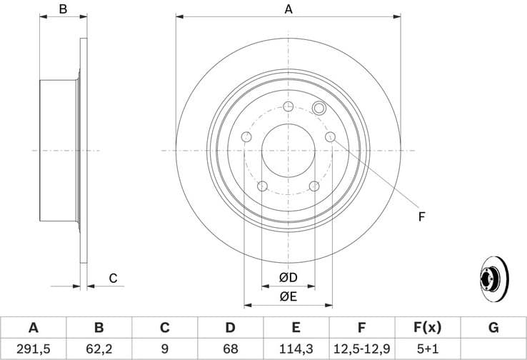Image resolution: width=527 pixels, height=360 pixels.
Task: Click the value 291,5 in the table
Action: click(x=33, y=349)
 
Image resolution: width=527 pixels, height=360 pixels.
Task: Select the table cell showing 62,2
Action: click(x=99, y=349)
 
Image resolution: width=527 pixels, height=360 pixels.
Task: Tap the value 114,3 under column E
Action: click(x=296, y=349)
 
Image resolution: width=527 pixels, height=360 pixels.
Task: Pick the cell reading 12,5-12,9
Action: click(x=362, y=349)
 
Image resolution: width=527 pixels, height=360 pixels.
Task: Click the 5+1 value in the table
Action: click(x=428, y=349)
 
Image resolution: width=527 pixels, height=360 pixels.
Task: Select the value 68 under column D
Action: click(x=230, y=349)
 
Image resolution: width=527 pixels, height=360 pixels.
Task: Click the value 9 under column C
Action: click(x=164, y=349)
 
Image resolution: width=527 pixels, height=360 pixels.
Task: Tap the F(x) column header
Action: click(x=428, y=328)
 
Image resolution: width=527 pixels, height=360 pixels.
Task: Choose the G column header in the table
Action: click(x=493, y=328)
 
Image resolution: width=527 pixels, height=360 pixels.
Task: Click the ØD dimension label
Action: click(x=288, y=276)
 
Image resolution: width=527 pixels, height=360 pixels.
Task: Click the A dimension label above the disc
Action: click(x=288, y=9)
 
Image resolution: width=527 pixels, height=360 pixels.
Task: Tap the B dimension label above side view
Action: click(x=63, y=9)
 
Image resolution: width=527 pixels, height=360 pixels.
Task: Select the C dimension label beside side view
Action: click(x=112, y=278)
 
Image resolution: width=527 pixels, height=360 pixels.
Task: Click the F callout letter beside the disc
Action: click(x=421, y=216)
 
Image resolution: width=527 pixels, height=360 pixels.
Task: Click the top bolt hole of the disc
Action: click(x=288, y=107)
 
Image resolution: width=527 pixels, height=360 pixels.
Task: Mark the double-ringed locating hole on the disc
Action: click(x=319, y=109)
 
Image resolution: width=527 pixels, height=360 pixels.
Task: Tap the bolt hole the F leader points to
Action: click(x=330, y=137)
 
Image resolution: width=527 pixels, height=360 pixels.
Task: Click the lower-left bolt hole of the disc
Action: click(x=262, y=186)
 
